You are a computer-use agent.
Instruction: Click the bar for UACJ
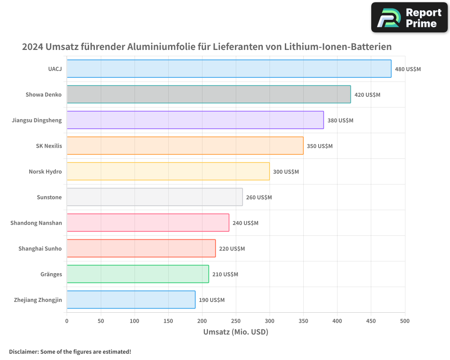(x=229, y=69)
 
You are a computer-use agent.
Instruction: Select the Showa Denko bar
(x=209, y=94)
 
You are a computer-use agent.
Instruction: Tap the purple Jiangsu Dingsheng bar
(x=195, y=120)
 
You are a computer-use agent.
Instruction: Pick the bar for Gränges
(x=138, y=274)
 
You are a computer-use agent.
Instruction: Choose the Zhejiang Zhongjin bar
(x=131, y=300)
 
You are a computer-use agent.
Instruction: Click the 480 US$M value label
(x=408, y=69)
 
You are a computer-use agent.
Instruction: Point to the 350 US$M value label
(x=319, y=146)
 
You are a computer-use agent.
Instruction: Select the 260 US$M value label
(x=259, y=198)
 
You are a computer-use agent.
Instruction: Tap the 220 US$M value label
(x=232, y=249)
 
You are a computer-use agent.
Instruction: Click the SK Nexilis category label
(x=49, y=146)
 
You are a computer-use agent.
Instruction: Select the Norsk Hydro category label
(x=45, y=171)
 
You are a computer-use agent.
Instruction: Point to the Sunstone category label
(x=49, y=197)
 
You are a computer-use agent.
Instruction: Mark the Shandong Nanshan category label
(x=36, y=223)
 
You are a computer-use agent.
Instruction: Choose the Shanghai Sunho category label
(x=40, y=248)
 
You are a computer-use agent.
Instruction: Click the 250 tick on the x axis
(x=236, y=321)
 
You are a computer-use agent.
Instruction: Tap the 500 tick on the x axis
(x=405, y=321)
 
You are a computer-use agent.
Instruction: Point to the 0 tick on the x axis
(x=67, y=321)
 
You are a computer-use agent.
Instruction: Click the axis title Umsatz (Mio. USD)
(x=236, y=332)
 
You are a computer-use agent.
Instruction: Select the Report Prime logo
(x=409, y=18)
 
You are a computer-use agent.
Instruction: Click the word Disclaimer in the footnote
(x=23, y=352)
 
